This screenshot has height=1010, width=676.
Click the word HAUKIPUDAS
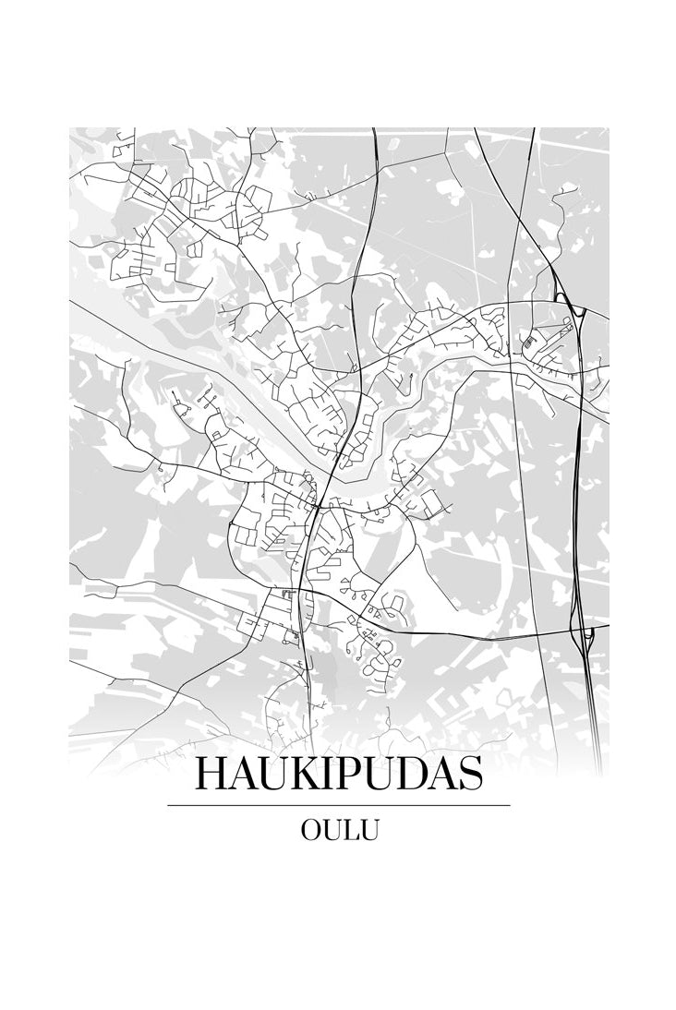pyautogui.click(x=339, y=774)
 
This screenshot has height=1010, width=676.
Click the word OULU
pyautogui.click(x=339, y=830)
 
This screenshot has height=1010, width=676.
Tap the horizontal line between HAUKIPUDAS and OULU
pyautogui.click(x=339, y=805)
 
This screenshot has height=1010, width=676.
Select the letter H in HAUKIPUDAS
pyautogui.click(x=210, y=774)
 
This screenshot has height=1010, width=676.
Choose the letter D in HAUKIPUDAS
pyautogui.click(x=409, y=774)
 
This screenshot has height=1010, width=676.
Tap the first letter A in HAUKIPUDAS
pyautogui.click(x=241, y=774)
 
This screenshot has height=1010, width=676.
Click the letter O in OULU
pyautogui.click(x=311, y=830)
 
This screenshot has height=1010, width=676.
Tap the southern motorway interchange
pyautogui.click(x=585, y=633)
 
